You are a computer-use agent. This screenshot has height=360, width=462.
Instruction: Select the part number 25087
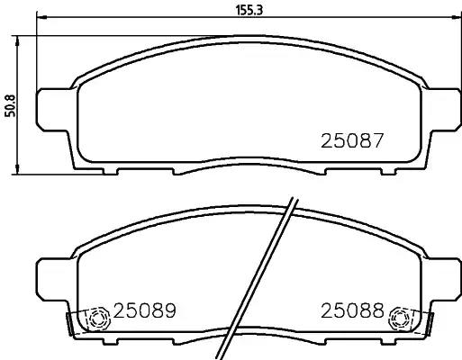[353, 141]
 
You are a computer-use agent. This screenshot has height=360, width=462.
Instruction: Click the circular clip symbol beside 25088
[397, 319]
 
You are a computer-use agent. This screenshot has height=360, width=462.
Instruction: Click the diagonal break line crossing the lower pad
[267, 270]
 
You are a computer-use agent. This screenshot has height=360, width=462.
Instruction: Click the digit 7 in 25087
[379, 141]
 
